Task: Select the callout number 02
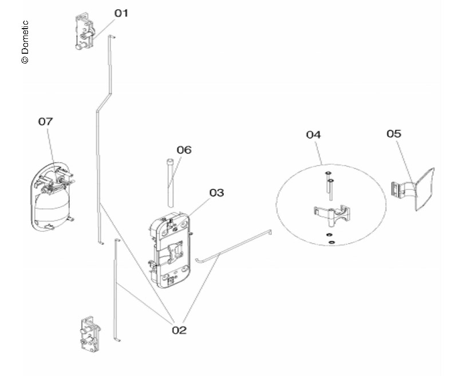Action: (x=179, y=330)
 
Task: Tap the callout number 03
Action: (x=216, y=193)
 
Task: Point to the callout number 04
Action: (x=313, y=135)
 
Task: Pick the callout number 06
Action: (x=184, y=150)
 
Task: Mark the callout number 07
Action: (x=46, y=121)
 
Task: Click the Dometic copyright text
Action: (x=25, y=43)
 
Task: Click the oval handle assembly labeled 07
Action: (x=51, y=197)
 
